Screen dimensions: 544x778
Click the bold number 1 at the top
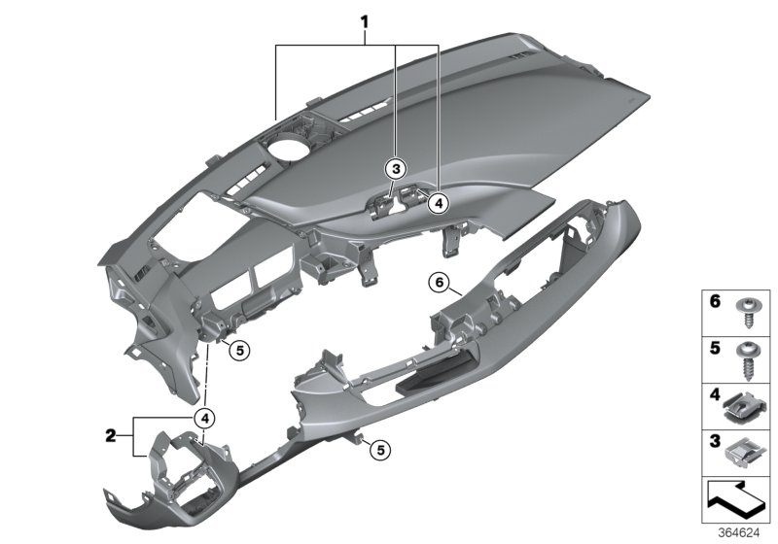(x=366, y=20)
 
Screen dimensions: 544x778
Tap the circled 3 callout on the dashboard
(x=394, y=166)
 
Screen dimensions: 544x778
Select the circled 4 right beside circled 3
(x=438, y=202)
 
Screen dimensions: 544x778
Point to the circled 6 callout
(x=439, y=283)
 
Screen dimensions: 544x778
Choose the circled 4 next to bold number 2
(x=203, y=418)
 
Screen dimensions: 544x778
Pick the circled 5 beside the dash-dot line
(x=240, y=351)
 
